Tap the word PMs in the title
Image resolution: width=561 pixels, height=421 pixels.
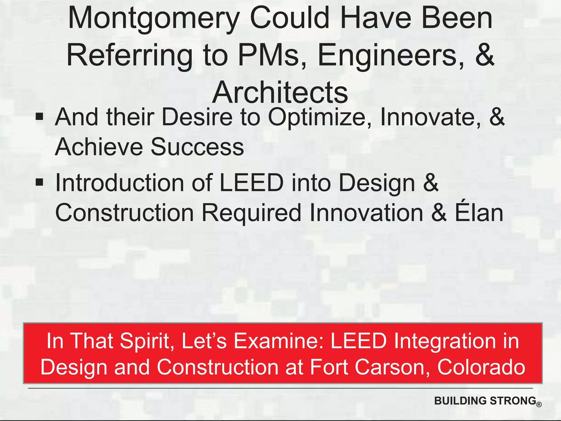(268, 56)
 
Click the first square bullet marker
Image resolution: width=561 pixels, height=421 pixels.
(39, 116)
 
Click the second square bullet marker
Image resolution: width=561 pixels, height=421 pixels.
(39, 182)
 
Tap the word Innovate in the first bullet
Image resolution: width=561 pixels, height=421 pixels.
(430, 117)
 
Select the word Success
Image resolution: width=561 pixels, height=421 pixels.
(197, 147)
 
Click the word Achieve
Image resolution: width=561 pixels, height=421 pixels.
(99, 147)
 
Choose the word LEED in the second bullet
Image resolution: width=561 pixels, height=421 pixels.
(251, 183)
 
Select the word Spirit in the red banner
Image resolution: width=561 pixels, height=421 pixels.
(147, 341)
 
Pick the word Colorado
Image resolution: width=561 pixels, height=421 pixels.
(481, 367)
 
